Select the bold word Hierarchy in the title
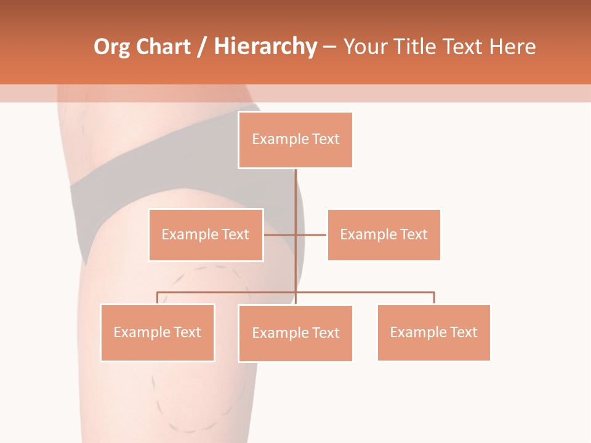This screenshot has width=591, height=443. (x=265, y=47)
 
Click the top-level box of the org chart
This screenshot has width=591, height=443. (x=295, y=140)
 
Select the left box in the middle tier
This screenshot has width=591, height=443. (x=206, y=235)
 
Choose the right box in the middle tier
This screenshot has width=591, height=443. (x=384, y=235)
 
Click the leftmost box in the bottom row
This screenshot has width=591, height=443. (x=158, y=333)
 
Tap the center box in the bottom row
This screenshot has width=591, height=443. (x=295, y=333)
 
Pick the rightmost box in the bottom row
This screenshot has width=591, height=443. (x=434, y=333)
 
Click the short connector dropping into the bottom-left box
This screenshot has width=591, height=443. (x=158, y=298)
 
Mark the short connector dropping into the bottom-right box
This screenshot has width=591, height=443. (x=434, y=298)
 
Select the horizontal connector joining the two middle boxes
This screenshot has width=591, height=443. (x=295, y=235)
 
